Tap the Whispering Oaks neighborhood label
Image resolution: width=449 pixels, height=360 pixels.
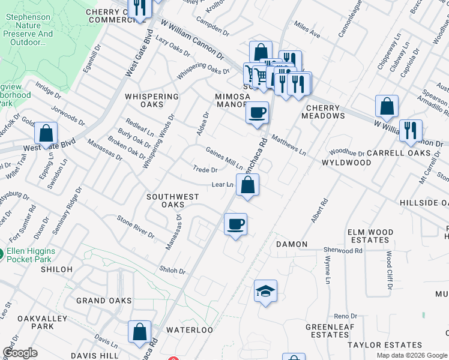[x=152, y=100]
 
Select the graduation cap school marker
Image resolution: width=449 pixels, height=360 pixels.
[x=265, y=292]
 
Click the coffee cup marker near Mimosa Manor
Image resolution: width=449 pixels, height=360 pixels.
[x=257, y=113]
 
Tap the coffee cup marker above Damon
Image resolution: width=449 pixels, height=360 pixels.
[x=235, y=225]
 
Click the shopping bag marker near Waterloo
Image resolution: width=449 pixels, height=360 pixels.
[x=139, y=332]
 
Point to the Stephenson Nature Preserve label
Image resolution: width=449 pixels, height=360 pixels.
[x=28, y=30]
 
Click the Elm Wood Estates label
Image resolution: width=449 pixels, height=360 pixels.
[x=370, y=236]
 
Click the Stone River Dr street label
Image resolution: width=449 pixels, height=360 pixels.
[x=135, y=227]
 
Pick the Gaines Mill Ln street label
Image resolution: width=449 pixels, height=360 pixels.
[x=224, y=157]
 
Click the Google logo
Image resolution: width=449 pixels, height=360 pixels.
[x=20, y=353]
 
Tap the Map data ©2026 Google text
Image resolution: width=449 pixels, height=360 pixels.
[x=412, y=355]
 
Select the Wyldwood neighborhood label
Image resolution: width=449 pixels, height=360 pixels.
[x=346, y=163]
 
